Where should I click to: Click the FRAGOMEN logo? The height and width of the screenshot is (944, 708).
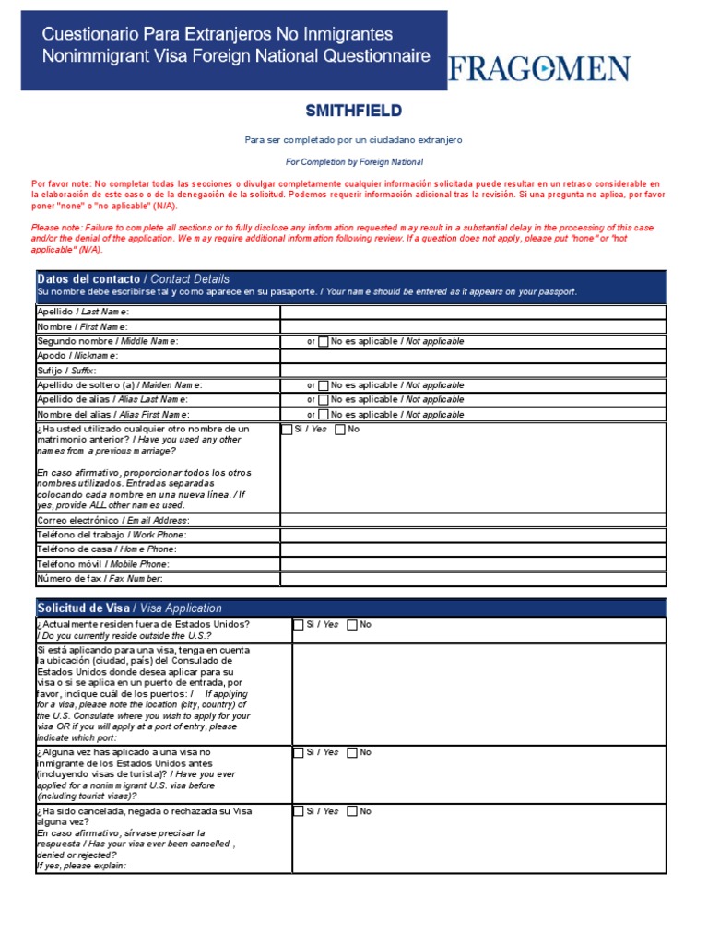coord(539,69)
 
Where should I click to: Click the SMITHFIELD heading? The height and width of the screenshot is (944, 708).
coord(354,112)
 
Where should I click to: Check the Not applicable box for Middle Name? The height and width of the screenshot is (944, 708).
coord(324,342)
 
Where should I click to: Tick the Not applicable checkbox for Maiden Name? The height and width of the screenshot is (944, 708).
coord(324,385)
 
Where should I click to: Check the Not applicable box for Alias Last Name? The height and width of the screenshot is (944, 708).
coord(324,400)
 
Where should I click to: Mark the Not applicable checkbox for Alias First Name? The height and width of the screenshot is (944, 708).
coord(324,415)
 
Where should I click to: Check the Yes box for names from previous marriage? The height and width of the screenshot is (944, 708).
coord(286,430)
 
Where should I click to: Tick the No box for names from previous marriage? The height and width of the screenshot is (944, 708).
coord(340,430)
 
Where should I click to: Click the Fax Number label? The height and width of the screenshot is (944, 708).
coord(100,579)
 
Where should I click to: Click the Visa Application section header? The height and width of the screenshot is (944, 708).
coord(129,608)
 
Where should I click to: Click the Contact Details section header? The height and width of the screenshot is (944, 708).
coord(134,279)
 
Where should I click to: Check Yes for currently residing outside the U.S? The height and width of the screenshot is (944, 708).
coord(298,625)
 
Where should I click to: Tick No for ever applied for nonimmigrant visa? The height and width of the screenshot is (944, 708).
coord(352,753)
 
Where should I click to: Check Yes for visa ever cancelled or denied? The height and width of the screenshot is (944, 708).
coord(298,812)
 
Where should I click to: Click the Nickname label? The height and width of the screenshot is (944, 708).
coord(77,356)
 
